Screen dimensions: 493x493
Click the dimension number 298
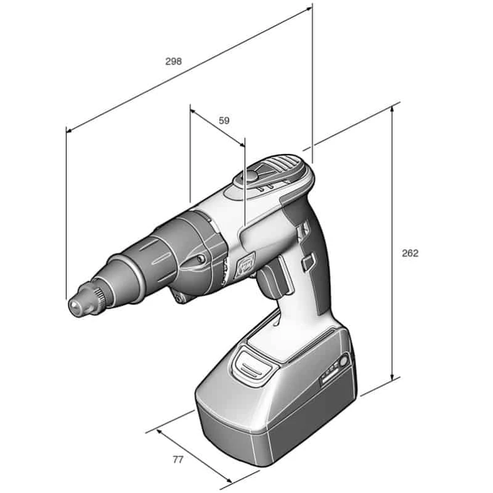tap(174, 61)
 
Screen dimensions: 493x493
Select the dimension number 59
tap(224, 120)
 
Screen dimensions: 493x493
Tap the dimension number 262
tap(410, 253)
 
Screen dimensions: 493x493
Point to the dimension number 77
tap(177, 460)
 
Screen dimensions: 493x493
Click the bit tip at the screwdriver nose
tap(75, 305)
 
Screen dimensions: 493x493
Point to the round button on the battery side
tap(343, 361)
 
